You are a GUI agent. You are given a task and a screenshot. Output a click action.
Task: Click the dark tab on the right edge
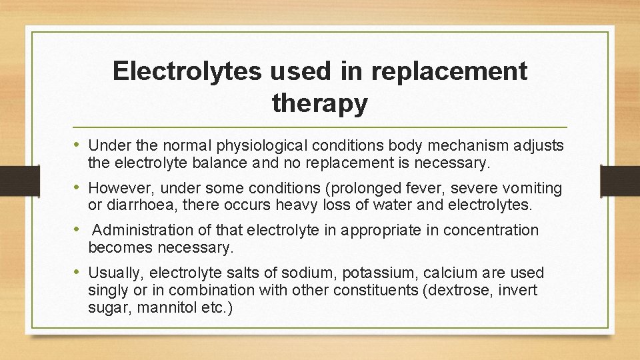point(619,180)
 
